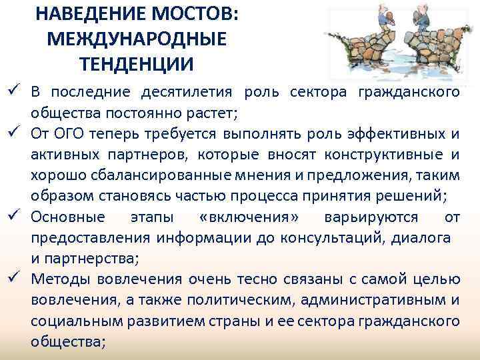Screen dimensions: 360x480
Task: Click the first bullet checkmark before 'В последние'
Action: point(12,91)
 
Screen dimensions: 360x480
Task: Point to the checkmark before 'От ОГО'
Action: point(12,133)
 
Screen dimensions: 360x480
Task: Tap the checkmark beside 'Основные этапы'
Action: point(12,217)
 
